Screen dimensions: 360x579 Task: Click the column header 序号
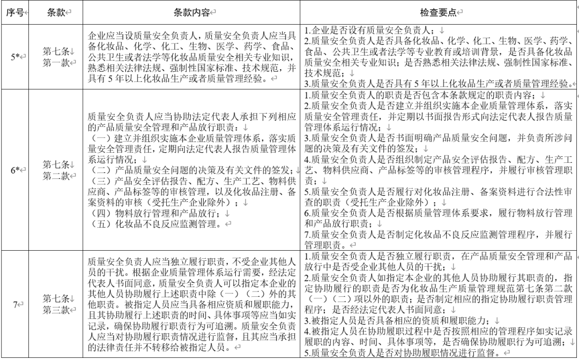point(15,12)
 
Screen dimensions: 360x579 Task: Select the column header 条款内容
point(191,12)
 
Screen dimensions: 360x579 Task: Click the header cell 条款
point(56,12)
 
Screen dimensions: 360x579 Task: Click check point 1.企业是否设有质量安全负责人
point(375,31)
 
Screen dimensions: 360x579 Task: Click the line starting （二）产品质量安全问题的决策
point(190,170)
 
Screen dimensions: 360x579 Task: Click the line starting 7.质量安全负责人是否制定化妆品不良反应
point(437,234)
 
